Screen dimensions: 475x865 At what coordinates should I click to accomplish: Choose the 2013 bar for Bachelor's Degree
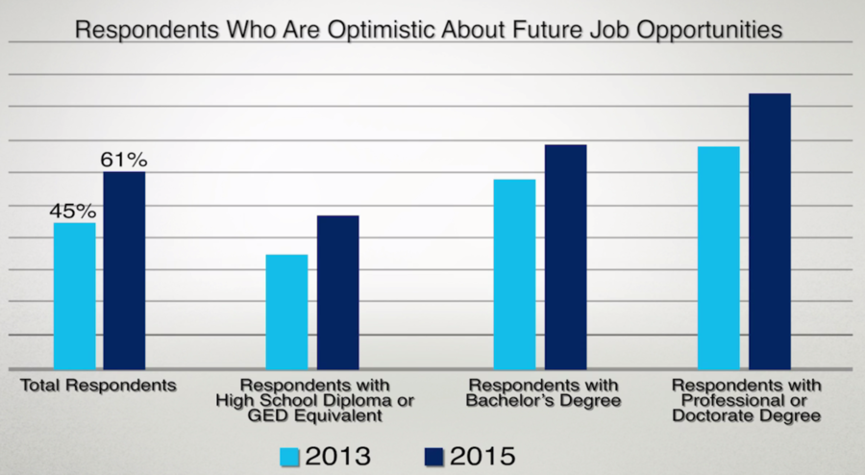[514, 273]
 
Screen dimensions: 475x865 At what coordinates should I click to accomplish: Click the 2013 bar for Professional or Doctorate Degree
[718, 257]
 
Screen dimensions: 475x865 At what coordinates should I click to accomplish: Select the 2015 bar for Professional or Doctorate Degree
[769, 231]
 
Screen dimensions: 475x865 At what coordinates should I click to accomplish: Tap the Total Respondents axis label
[99, 385]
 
